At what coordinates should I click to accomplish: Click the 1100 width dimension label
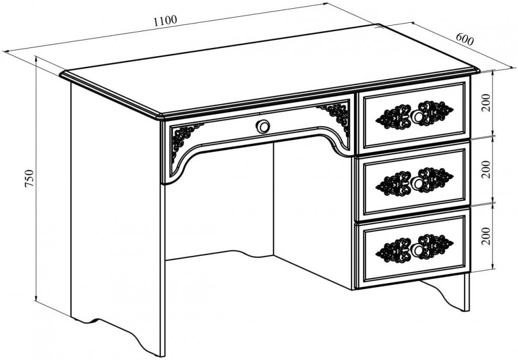coord(166,21)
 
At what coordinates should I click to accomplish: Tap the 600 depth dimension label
coord(465,39)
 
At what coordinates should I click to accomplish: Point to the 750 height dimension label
coord(29,179)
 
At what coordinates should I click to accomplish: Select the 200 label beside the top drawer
coord(486,103)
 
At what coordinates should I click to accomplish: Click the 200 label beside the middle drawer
coord(486,170)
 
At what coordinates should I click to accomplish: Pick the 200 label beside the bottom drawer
coord(486,236)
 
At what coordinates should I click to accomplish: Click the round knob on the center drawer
coord(263,127)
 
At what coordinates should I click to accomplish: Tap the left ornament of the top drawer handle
coord(394,117)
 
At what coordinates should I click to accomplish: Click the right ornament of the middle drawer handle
coord(436,179)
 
